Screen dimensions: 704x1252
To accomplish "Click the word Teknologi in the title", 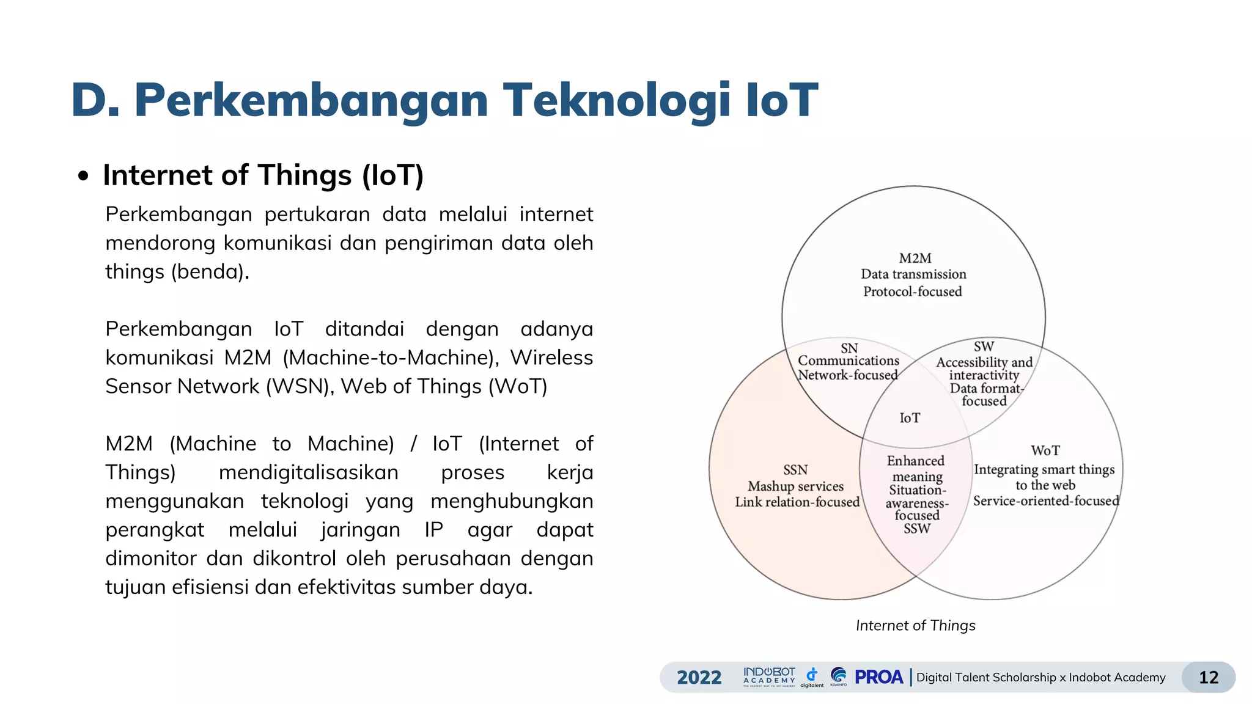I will click(x=616, y=100).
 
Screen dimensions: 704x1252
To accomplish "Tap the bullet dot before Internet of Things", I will click(x=84, y=177).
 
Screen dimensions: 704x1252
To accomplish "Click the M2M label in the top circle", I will click(x=915, y=258).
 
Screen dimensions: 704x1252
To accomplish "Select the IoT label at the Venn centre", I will click(x=910, y=418).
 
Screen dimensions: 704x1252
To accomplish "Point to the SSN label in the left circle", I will click(x=795, y=470).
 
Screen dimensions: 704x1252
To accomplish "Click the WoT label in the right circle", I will click(x=1045, y=451).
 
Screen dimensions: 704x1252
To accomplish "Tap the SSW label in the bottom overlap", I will click(x=916, y=529).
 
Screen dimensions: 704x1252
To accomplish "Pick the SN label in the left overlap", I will click(x=849, y=348).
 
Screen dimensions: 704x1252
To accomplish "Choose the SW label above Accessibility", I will click(x=984, y=346).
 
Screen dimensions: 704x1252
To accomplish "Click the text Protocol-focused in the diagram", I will click(x=912, y=292).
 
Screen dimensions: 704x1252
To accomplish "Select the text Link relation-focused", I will click(x=797, y=502).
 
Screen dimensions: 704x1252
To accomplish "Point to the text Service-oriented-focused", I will click(x=1045, y=501).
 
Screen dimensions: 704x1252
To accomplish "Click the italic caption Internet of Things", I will click(x=915, y=626).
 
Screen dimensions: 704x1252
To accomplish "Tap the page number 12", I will click(x=1208, y=677).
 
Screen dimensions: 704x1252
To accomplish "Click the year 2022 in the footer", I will click(x=699, y=677).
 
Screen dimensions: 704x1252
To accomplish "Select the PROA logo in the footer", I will click(x=878, y=677).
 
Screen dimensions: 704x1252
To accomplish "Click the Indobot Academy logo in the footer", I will click(x=769, y=676).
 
